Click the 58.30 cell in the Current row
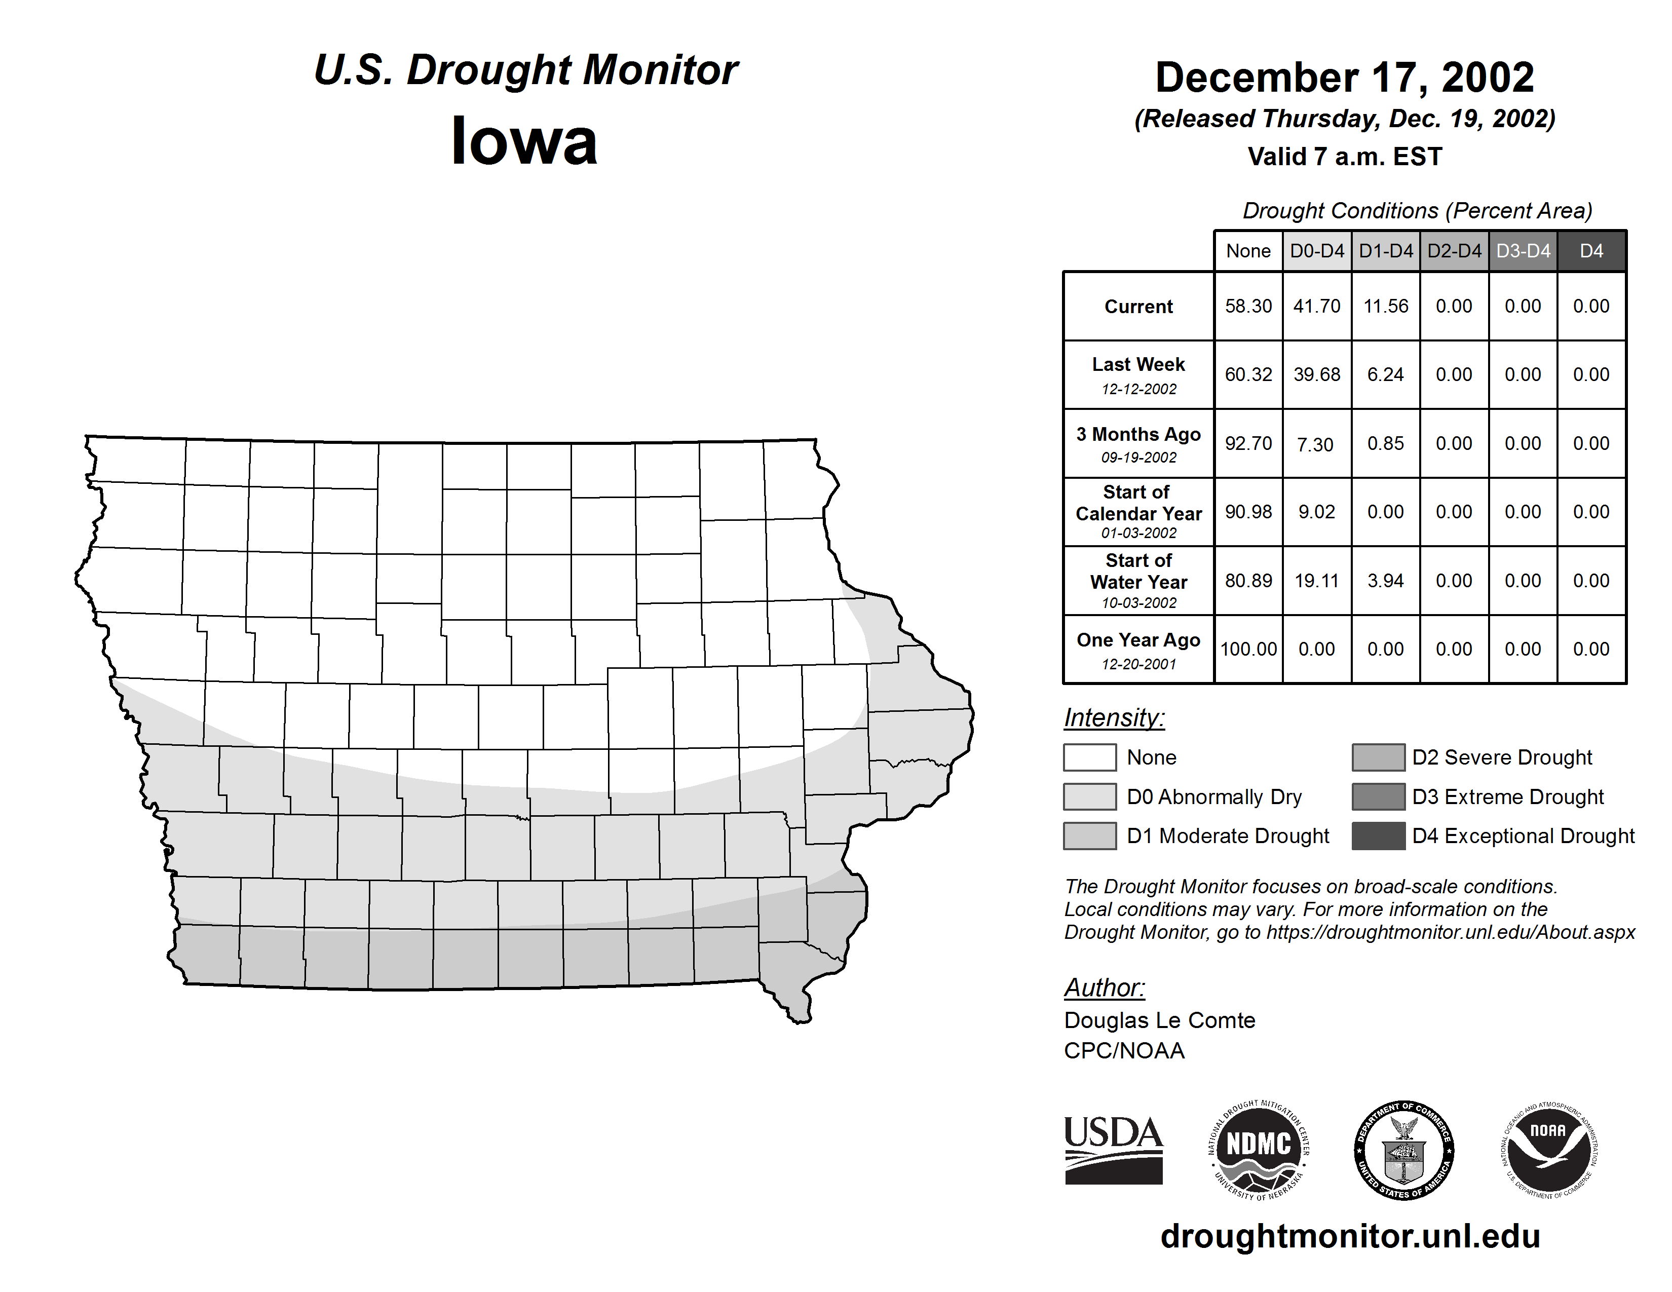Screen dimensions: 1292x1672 1248,306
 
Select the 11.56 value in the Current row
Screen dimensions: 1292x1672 1386,306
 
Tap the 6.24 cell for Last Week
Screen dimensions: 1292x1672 1386,374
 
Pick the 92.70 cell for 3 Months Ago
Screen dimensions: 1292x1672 1248,443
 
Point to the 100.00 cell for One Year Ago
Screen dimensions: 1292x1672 1248,649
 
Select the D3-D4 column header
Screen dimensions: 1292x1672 1523,251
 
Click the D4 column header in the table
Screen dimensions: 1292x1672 1591,251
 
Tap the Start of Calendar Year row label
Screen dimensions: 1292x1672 1138,511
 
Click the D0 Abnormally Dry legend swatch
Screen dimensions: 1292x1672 1089,796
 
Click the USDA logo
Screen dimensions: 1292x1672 1113,1150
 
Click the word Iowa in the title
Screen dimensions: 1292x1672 524,141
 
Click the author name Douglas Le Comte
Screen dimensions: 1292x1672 1159,1020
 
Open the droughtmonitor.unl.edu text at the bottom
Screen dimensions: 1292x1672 1350,1236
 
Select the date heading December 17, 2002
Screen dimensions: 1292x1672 1344,78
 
